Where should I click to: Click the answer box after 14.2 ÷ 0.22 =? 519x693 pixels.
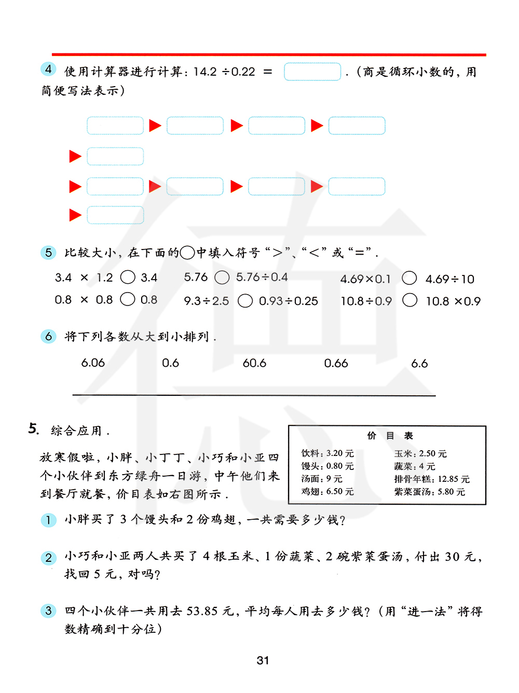click(x=312, y=72)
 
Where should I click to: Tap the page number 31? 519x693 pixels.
click(x=263, y=660)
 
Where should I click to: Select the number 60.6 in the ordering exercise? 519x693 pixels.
click(x=254, y=363)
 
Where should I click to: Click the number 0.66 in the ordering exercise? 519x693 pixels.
click(x=336, y=363)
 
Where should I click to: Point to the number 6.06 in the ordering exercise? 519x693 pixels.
click(x=93, y=363)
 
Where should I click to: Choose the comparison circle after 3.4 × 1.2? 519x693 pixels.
click(x=128, y=278)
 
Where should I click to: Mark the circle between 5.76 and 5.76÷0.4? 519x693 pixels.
click(x=222, y=278)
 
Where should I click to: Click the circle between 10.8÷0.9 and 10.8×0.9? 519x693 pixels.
click(x=409, y=300)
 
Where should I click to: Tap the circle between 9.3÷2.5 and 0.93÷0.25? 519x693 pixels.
click(x=245, y=301)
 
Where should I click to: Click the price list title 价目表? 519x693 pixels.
click(x=390, y=436)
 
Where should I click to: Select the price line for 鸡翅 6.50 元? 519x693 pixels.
click(x=327, y=491)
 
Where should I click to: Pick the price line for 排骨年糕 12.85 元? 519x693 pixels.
click(x=432, y=479)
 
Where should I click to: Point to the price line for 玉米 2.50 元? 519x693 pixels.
click(x=420, y=453)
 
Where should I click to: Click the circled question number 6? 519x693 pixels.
click(x=48, y=337)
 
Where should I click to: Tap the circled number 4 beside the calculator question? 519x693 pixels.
click(x=48, y=69)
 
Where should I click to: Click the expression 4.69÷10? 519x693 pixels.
click(x=450, y=279)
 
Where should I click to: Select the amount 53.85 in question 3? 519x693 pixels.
click(x=202, y=611)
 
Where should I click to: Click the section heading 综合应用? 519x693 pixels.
click(x=76, y=431)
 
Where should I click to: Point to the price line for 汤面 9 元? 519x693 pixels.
click(x=322, y=479)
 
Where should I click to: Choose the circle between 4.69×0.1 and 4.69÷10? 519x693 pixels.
click(x=409, y=279)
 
